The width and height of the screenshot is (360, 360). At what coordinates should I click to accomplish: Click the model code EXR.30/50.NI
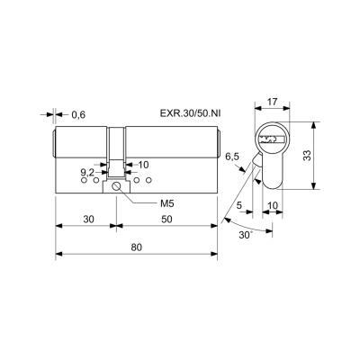click(191, 113)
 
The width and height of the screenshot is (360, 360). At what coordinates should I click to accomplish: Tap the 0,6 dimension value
click(78, 114)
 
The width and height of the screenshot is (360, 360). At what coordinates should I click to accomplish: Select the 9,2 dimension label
click(87, 173)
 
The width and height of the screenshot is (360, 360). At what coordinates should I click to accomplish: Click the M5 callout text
click(167, 204)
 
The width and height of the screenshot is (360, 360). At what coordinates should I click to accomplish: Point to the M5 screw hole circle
click(116, 186)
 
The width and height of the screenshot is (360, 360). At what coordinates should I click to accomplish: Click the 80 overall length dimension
click(136, 247)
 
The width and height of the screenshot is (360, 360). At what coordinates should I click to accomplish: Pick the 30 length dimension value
click(88, 220)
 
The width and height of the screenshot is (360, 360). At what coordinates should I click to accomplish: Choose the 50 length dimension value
click(166, 220)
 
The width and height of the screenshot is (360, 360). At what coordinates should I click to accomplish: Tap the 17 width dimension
click(272, 102)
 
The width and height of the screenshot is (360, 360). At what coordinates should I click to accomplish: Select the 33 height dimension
click(308, 156)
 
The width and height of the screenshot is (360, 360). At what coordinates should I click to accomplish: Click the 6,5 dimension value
click(232, 157)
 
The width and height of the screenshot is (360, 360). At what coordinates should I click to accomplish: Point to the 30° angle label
click(246, 235)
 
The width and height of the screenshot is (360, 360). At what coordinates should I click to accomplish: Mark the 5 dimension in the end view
click(239, 205)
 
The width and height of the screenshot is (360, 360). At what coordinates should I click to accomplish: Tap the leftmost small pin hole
click(84, 180)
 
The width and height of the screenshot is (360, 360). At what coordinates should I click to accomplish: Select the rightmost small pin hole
click(148, 180)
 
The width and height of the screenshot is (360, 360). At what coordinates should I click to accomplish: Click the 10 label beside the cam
click(144, 165)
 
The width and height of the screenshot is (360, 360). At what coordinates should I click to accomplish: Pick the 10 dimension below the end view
click(273, 205)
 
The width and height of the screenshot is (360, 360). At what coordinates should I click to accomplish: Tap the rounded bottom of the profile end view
click(273, 188)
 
